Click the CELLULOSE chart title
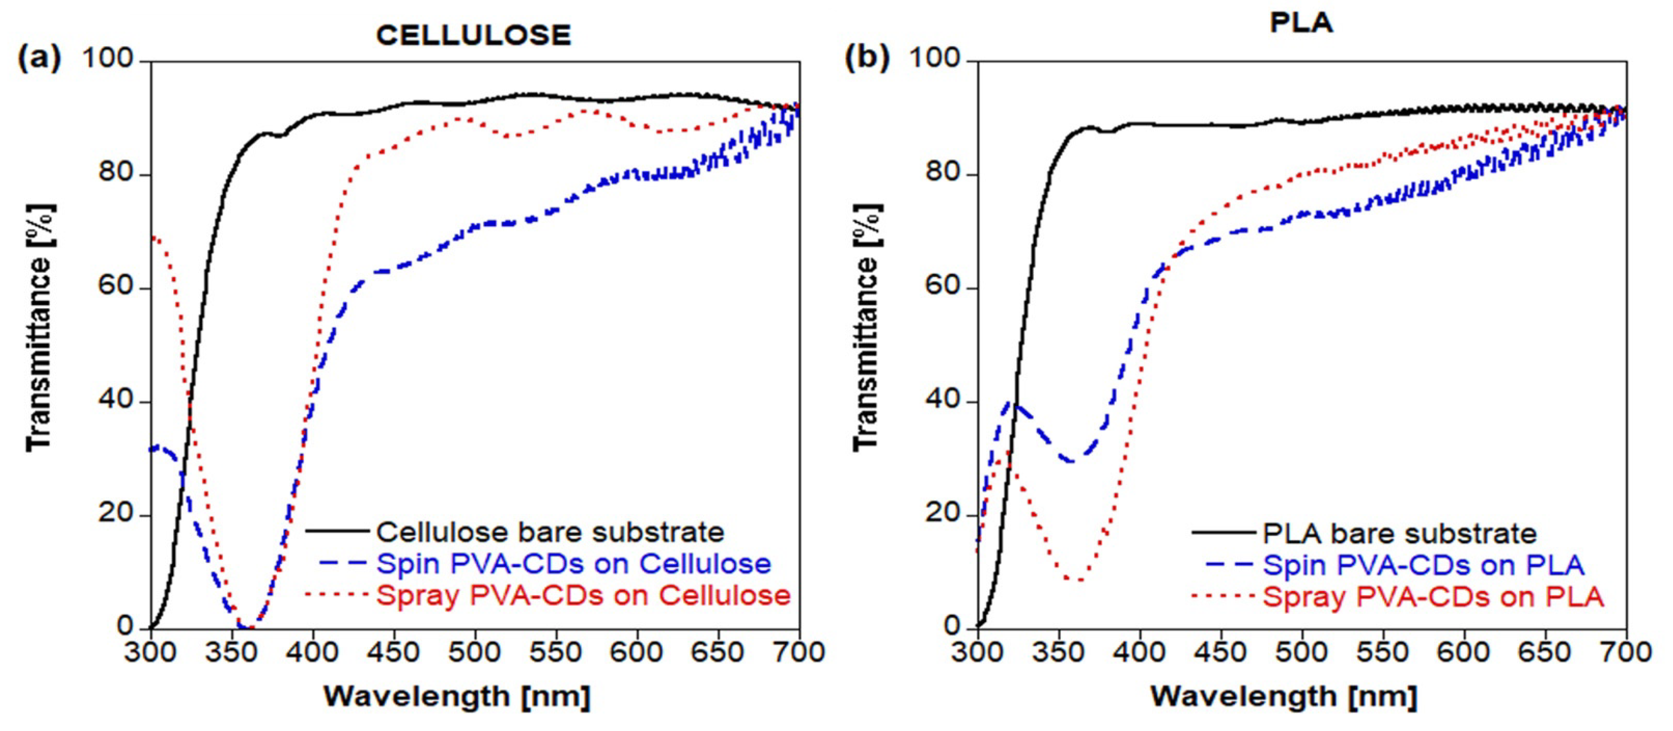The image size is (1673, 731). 473,35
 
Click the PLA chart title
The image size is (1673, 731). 1301,23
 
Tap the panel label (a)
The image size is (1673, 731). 39,59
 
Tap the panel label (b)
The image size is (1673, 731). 866,59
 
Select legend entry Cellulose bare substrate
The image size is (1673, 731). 550,532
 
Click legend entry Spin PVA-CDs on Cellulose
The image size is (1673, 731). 573,563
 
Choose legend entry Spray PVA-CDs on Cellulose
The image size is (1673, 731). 583,595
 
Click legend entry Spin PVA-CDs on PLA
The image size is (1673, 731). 1423,564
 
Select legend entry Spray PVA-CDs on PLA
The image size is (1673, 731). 1432,597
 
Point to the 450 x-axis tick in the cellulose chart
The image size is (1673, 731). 393,652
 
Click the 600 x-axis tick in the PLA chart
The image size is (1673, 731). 1463,652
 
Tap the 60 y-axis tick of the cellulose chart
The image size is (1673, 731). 115,286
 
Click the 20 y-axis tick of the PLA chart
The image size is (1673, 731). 943,513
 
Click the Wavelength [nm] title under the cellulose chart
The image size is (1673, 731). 457,697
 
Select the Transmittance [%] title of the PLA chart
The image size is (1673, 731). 866,328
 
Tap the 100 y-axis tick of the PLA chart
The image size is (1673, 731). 934,59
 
